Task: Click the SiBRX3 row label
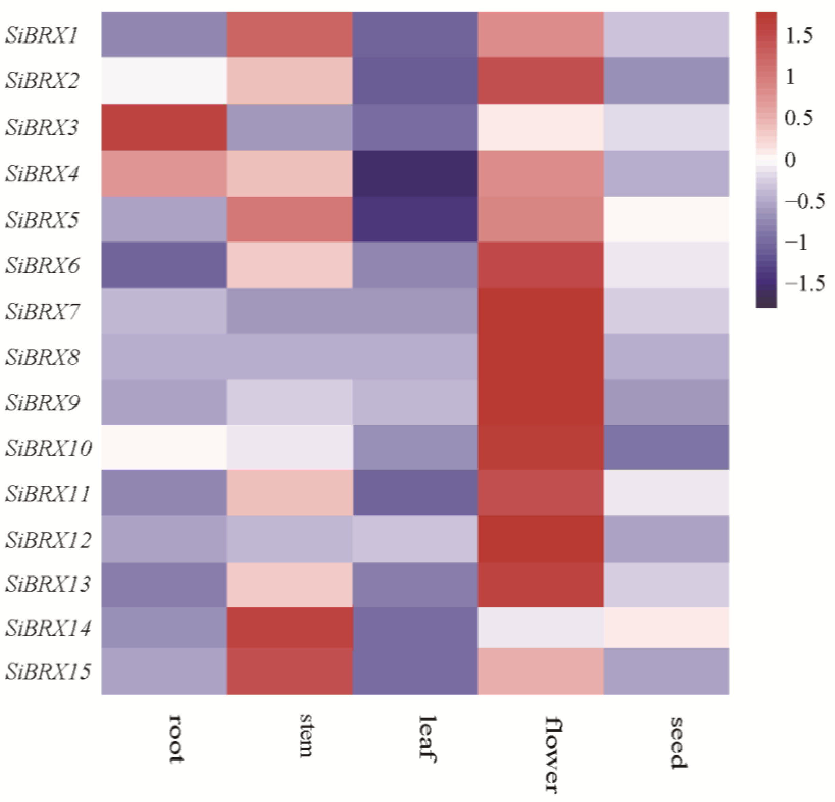pyautogui.click(x=42, y=127)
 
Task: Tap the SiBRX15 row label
pyautogui.click(x=48, y=671)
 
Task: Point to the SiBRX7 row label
pyautogui.click(x=42, y=311)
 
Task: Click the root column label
pyautogui.click(x=176, y=738)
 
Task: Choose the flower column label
pyautogui.click(x=553, y=755)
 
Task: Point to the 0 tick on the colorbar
pyautogui.click(x=790, y=160)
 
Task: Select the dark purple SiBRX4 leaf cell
pyautogui.click(x=415, y=173)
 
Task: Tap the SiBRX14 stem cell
pyautogui.click(x=290, y=627)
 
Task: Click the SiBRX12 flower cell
pyautogui.click(x=541, y=539)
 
